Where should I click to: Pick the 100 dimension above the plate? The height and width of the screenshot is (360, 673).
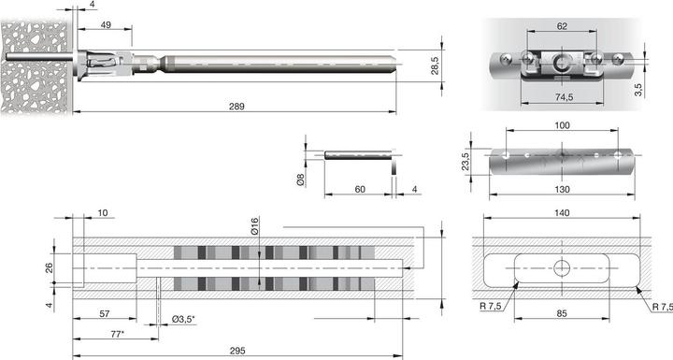click(x=561, y=124)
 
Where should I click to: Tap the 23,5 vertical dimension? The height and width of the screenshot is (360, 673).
click(x=465, y=160)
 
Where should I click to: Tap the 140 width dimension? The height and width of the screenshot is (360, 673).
click(x=561, y=213)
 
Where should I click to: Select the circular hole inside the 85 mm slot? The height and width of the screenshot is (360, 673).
click(x=561, y=268)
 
